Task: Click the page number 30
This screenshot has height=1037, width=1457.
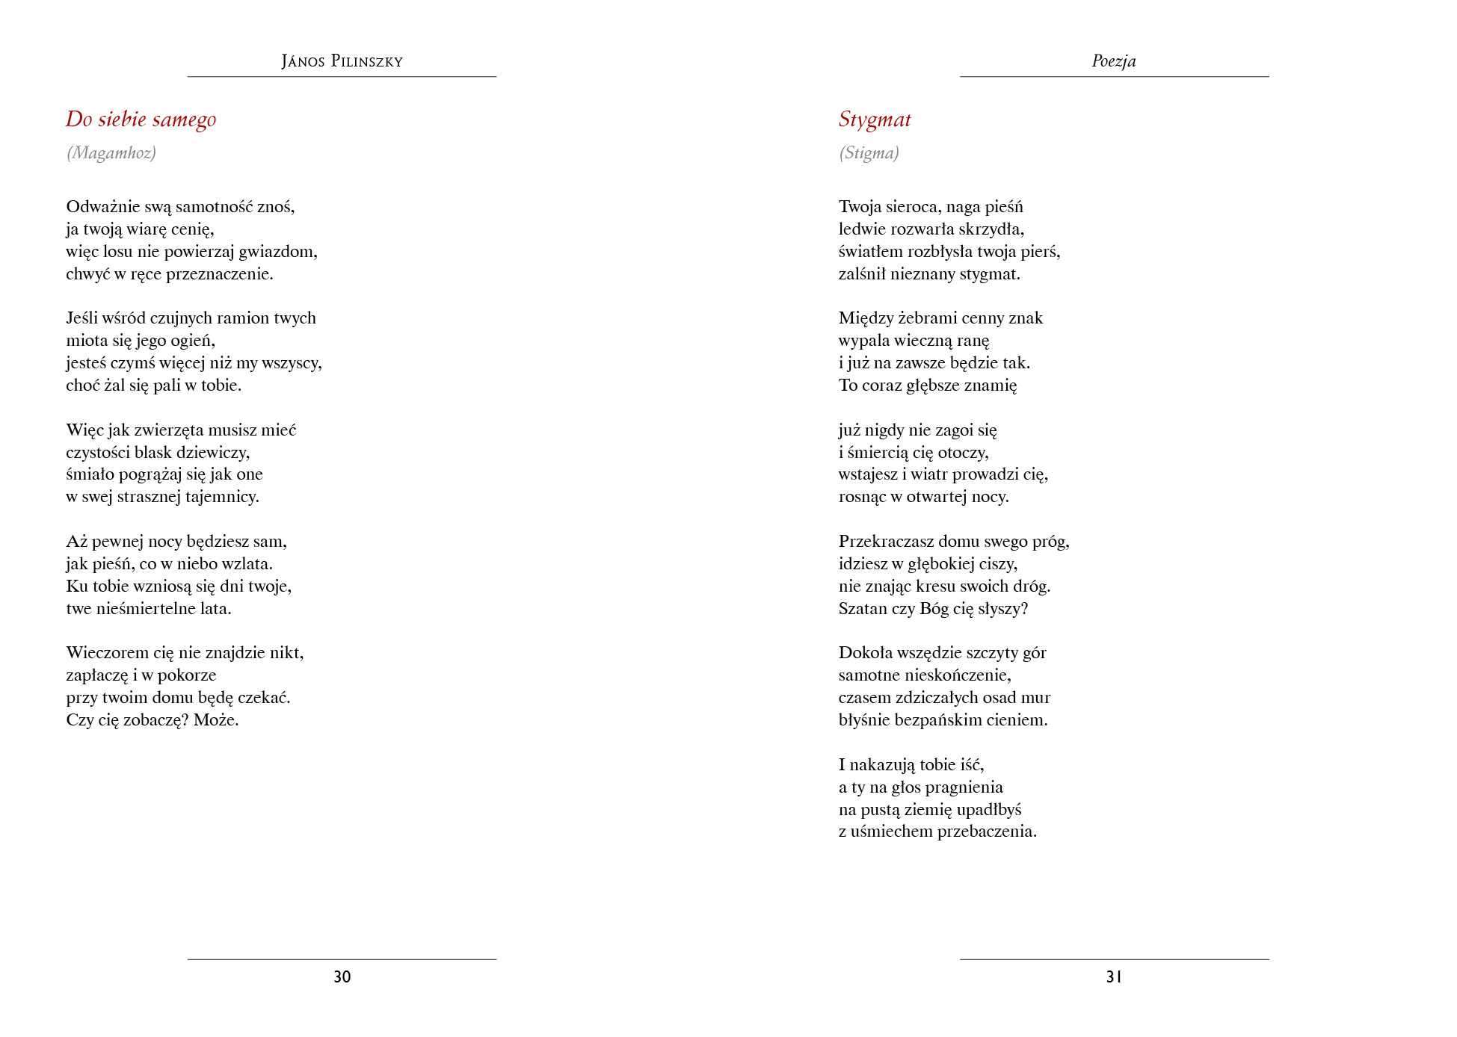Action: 342,976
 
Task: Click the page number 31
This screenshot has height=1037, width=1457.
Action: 1114,976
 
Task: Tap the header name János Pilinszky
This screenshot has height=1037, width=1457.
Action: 342,61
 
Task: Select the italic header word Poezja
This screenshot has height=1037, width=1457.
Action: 1113,61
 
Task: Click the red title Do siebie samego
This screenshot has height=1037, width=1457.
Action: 141,120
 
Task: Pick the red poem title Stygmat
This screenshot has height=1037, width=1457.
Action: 874,120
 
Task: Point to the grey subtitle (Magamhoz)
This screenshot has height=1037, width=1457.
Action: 111,153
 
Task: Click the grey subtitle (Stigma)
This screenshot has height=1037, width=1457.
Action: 869,153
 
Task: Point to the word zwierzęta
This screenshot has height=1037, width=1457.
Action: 168,430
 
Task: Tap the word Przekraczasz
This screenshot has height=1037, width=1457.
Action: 886,542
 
